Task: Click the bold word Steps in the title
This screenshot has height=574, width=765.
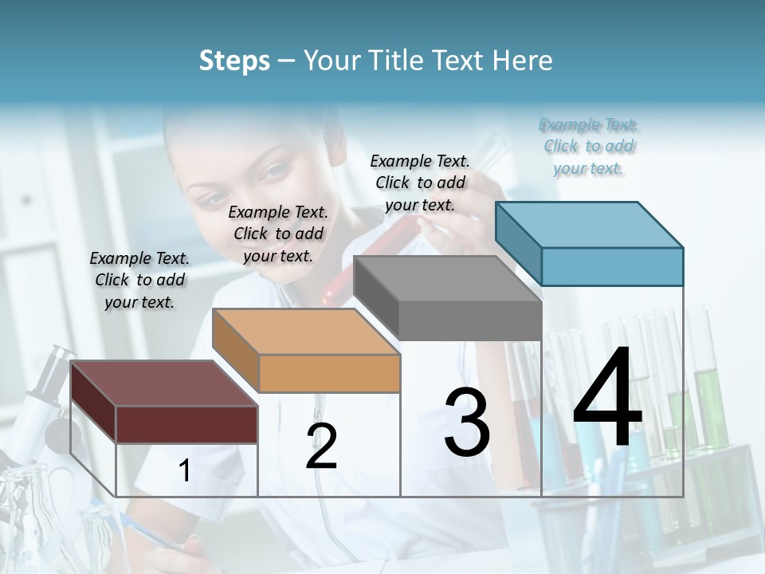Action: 234,61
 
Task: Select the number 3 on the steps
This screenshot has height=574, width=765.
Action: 467,423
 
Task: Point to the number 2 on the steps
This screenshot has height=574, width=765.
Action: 321,446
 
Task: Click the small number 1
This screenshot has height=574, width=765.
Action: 184,471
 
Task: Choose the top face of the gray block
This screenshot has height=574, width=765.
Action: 446,278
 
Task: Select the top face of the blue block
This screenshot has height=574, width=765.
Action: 588,224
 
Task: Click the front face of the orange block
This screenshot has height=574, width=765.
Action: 329,373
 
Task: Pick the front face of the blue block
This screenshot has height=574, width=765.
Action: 611,266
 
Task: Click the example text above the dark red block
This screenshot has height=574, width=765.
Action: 139,280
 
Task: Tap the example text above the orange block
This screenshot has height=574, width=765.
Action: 278,234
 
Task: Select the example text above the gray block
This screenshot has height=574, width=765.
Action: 420,183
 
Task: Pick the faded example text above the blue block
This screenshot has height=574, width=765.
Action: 588,147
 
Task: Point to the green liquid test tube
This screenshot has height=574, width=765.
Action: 701,399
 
